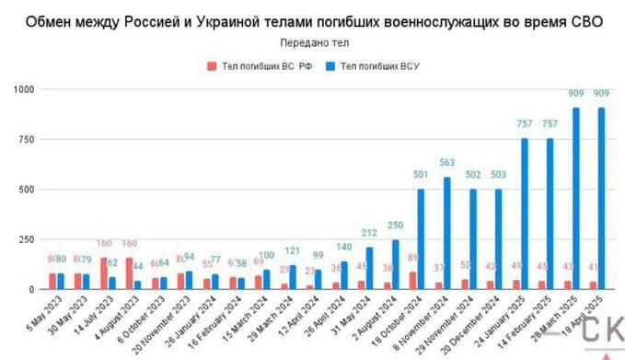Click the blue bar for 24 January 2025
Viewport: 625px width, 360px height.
526,214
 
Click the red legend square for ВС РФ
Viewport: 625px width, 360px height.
212,66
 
